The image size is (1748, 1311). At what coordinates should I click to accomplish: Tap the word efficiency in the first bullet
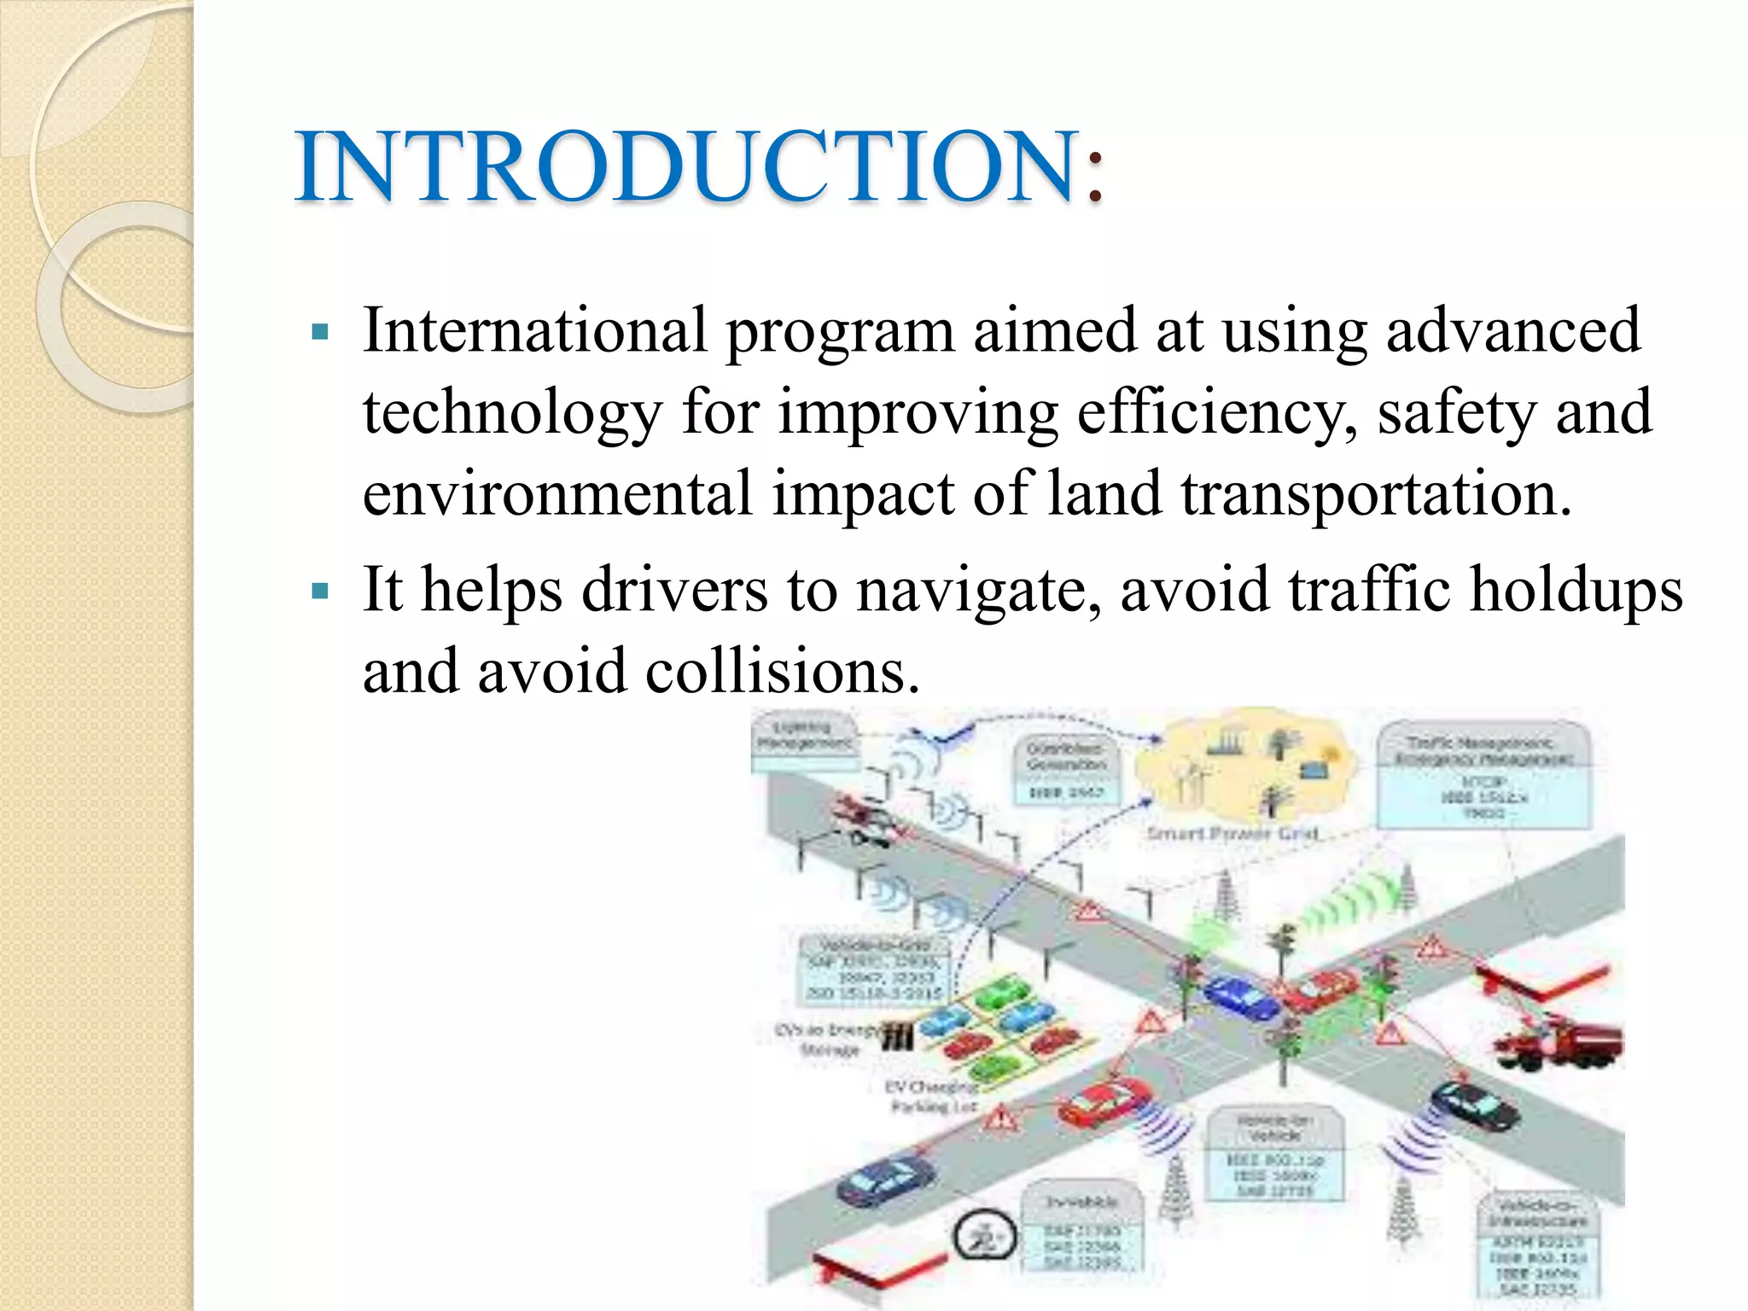pyautogui.click(x=1217, y=411)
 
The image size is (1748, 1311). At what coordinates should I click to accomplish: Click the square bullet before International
pyautogui.click(x=321, y=332)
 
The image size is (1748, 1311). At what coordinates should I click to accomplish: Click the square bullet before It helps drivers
pyautogui.click(x=321, y=591)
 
